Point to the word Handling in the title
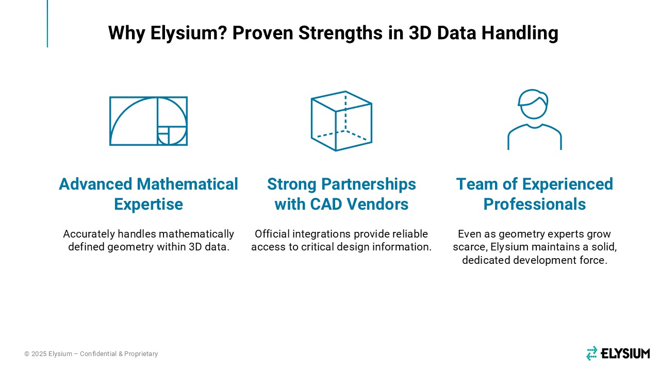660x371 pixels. point(520,33)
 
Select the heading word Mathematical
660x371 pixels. point(187,184)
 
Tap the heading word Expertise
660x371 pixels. point(148,205)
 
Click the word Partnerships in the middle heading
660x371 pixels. point(369,184)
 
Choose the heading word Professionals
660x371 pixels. point(535,204)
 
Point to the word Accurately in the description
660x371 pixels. point(89,234)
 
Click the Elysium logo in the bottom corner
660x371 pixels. point(618,353)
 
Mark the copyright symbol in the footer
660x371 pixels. point(27,354)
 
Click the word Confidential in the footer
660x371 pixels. point(98,353)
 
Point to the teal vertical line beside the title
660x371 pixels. point(47,24)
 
